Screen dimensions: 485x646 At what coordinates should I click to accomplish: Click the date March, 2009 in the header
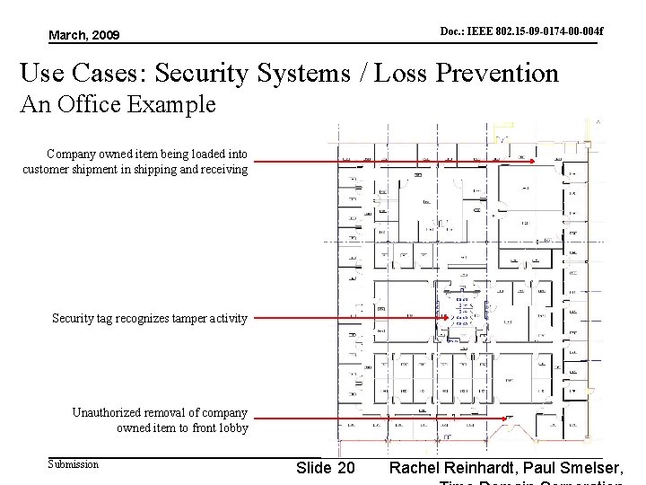click(x=83, y=35)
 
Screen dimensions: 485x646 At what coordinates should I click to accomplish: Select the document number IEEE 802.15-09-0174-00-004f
click(x=521, y=32)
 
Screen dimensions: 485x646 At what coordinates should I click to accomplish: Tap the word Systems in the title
click(x=303, y=73)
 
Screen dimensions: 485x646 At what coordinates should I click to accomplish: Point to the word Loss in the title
click(x=398, y=73)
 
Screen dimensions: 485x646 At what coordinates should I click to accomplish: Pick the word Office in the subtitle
click(x=90, y=104)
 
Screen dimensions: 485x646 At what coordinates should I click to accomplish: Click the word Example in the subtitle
click(x=173, y=104)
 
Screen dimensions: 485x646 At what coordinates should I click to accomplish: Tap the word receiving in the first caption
click(x=222, y=169)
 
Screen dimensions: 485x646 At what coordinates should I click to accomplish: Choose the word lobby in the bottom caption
click(x=231, y=428)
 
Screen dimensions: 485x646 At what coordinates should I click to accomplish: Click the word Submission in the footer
click(x=73, y=464)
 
